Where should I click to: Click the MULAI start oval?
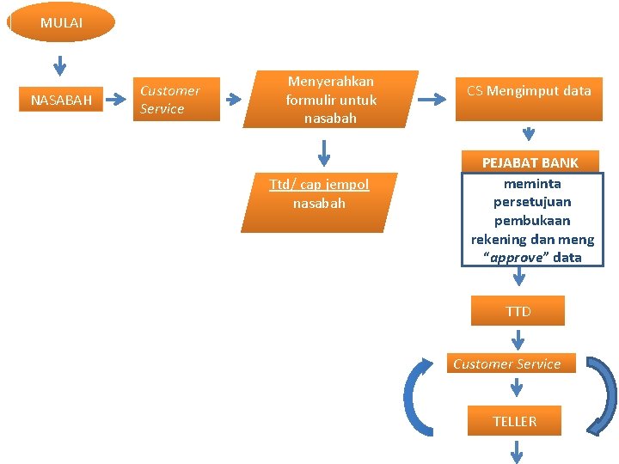pyautogui.click(x=60, y=22)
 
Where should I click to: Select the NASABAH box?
pyautogui.click(x=61, y=100)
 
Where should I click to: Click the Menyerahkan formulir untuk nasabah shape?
pyautogui.click(x=331, y=100)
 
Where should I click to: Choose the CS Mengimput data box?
pyautogui.click(x=529, y=90)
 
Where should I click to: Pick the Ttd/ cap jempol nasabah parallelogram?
pyautogui.click(x=319, y=202)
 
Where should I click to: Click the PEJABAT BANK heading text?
pyautogui.click(x=530, y=162)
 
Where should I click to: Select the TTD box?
pyautogui.click(x=518, y=311)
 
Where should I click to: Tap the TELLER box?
pyautogui.click(x=514, y=421)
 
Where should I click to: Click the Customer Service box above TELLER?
pyautogui.click(x=507, y=363)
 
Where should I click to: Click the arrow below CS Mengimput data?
pyautogui.click(x=529, y=133)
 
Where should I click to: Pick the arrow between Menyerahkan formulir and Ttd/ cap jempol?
pyautogui.click(x=323, y=152)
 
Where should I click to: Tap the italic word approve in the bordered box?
pyautogui.click(x=517, y=258)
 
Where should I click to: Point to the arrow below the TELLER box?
pyautogui.click(x=518, y=451)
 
